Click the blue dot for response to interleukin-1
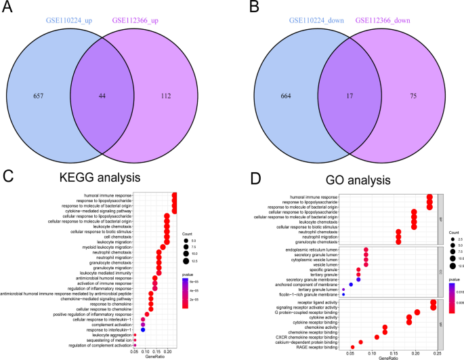(143, 329)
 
